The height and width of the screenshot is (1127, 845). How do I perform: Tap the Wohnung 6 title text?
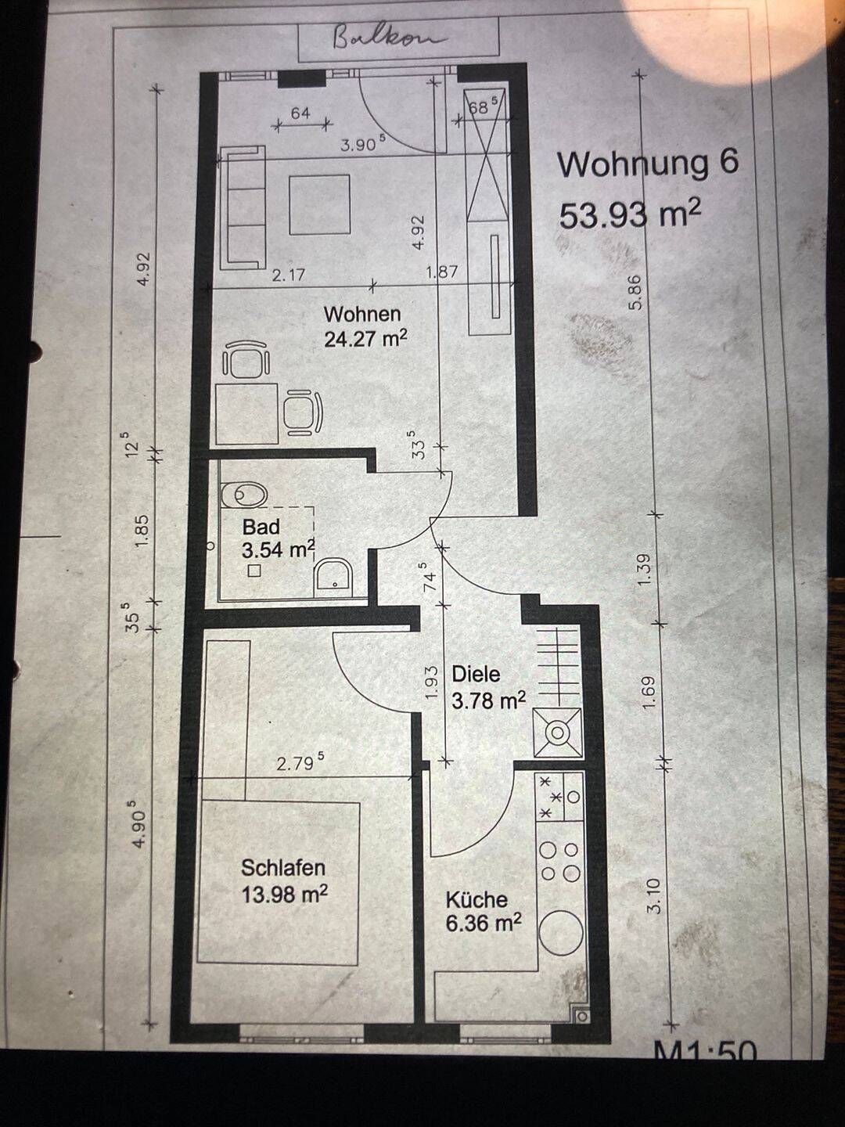pyautogui.click(x=648, y=164)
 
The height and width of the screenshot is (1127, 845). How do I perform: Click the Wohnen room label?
pyautogui.click(x=363, y=314)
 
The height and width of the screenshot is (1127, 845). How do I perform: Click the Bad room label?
pyautogui.click(x=261, y=527)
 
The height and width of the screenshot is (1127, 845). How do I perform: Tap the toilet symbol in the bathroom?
pyautogui.click(x=245, y=495)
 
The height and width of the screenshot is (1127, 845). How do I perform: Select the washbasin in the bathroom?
pyautogui.click(x=333, y=578)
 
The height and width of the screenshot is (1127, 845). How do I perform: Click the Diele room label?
pyautogui.click(x=476, y=674)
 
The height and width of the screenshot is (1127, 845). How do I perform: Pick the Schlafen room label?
pyautogui.click(x=283, y=868)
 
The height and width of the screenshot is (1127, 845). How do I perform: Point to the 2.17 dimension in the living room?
pyautogui.click(x=289, y=276)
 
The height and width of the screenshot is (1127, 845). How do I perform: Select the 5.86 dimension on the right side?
pyautogui.click(x=637, y=292)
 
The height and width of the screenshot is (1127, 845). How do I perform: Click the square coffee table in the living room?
pyautogui.click(x=320, y=204)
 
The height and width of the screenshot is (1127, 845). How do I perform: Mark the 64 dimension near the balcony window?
pyautogui.click(x=300, y=113)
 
